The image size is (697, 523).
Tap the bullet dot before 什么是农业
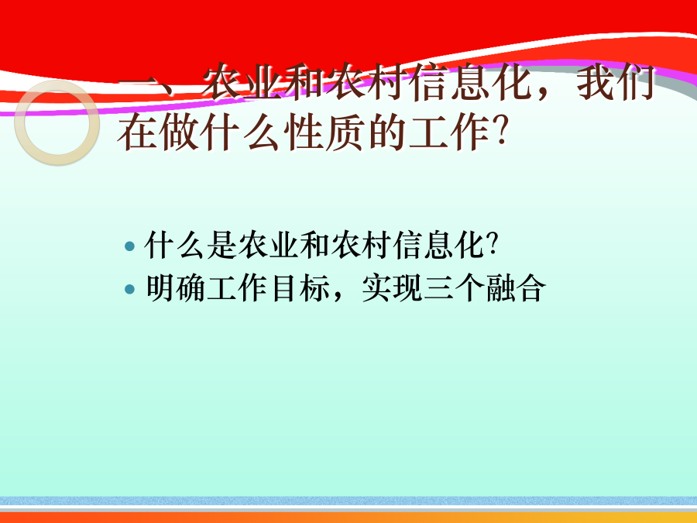tap(129, 246)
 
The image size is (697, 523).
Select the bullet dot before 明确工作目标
tap(129, 290)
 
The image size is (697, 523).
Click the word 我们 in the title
tap(616, 83)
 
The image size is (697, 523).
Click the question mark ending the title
tap(500, 132)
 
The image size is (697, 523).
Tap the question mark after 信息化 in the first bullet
tap(492, 244)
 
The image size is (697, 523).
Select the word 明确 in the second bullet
tap(176, 289)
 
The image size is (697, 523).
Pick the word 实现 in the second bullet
tap(392, 289)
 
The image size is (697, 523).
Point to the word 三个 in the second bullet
tap(453, 289)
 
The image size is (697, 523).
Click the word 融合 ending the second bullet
tap(515, 289)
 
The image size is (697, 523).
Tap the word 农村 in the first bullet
tap(361, 245)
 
